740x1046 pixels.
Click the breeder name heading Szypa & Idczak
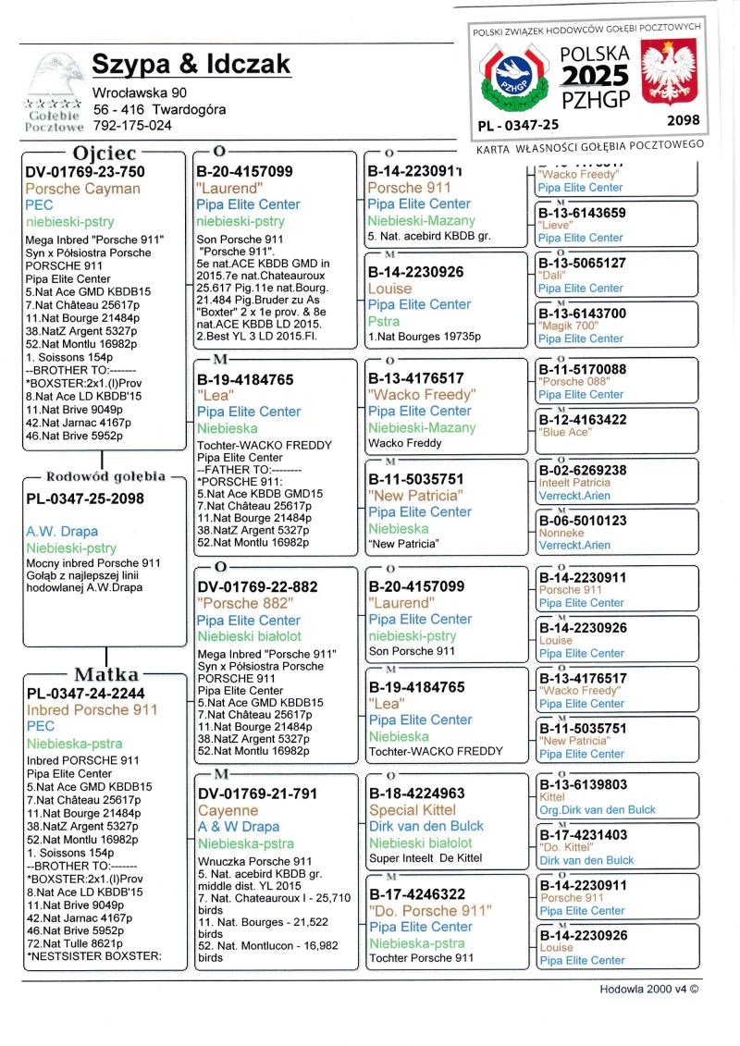(x=191, y=64)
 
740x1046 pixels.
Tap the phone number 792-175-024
(x=132, y=125)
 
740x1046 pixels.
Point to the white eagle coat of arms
(x=668, y=75)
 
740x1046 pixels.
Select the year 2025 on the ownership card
(x=595, y=76)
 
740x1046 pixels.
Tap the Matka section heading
(x=106, y=674)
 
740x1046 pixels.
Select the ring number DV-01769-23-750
(x=85, y=171)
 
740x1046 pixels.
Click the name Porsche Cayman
(x=83, y=189)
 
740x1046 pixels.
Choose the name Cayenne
(x=228, y=809)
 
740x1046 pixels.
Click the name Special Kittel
(x=412, y=809)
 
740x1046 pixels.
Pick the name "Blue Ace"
(x=566, y=432)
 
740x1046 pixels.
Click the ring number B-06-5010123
(x=582, y=521)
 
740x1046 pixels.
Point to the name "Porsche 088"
(x=574, y=382)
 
